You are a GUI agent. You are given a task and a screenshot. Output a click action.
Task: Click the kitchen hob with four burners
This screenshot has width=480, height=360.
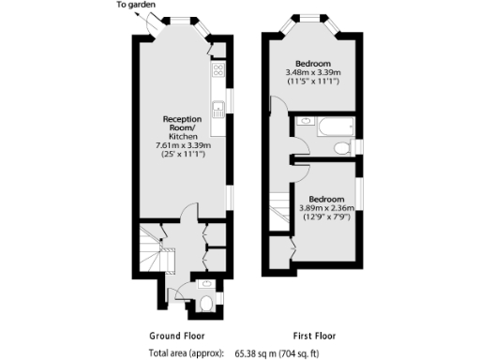pos(217,68)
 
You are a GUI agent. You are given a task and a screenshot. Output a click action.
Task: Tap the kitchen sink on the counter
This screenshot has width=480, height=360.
pos(217,105)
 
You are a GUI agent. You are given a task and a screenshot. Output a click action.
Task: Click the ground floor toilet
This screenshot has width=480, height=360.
pos(206,303)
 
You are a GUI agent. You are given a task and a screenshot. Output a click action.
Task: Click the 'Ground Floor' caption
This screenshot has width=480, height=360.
pos(177,336)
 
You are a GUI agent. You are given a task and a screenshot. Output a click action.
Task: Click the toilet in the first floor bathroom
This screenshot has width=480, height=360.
pos(343,147)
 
